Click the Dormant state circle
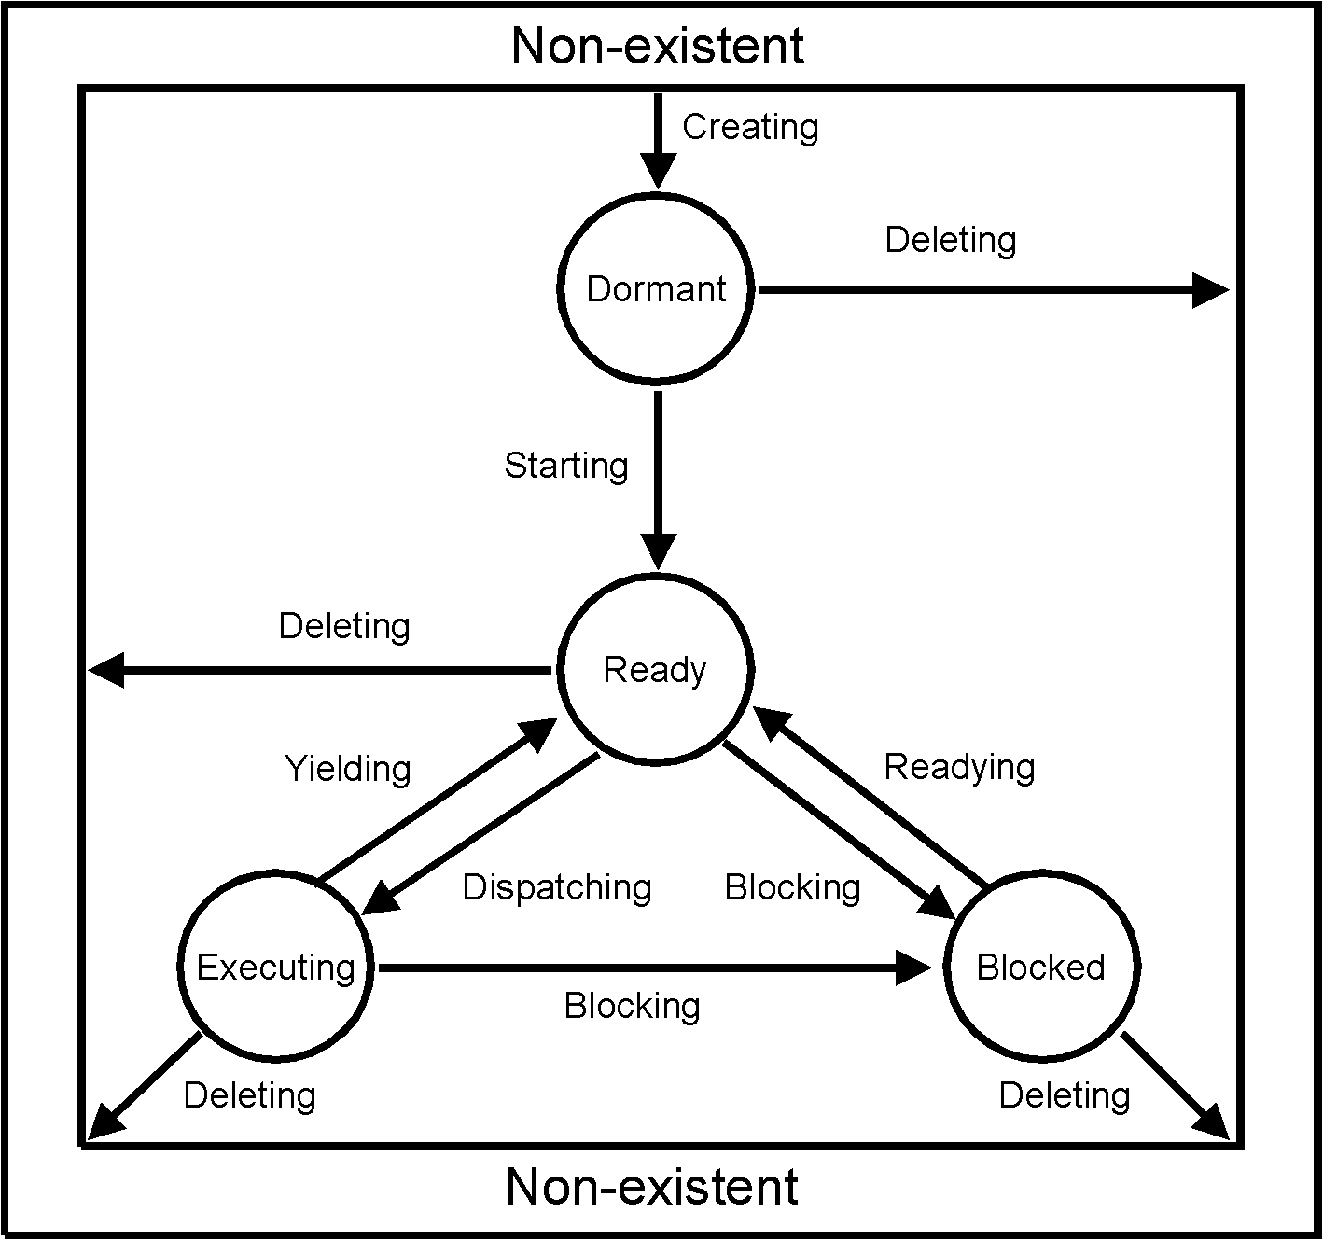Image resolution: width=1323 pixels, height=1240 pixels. [x=655, y=289]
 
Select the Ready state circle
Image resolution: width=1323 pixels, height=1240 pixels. [x=655, y=670]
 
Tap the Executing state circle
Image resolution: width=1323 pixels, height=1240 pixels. [x=275, y=968]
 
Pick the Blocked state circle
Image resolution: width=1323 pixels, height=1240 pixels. [x=1040, y=968]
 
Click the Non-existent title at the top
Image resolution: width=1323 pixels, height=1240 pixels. [x=658, y=46]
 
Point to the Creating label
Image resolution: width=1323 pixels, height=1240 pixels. [x=750, y=127]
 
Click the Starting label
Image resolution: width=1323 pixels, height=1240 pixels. [x=566, y=465]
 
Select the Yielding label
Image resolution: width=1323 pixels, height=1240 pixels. [x=348, y=769]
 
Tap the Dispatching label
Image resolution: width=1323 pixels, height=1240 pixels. [x=557, y=887]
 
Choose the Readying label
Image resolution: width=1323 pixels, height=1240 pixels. [x=959, y=767]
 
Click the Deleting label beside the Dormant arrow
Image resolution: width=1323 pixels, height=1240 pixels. [x=951, y=240]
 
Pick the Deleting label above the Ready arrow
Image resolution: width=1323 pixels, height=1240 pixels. [x=344, y=626]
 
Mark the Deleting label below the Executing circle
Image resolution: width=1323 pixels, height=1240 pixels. [x=250, y=1095]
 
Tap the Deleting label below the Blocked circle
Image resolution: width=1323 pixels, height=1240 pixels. [x=1065, y=1095]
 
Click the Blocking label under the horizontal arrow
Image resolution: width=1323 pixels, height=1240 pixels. [x=633, y=1006]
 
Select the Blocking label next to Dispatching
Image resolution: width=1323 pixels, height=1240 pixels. [x=793, y=887]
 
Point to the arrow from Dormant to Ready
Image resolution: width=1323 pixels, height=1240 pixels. [x=659, y=476]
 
